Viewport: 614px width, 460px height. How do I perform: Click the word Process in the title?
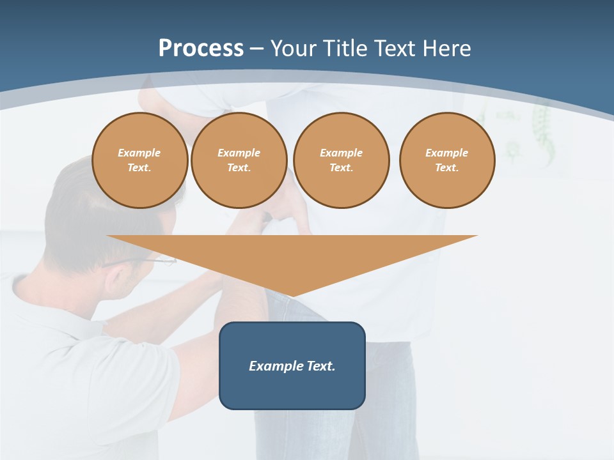(x=201, y=49)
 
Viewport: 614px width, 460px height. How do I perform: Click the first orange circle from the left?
(x=139, y=160)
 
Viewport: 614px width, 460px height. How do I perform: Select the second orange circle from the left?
(x=239, y=160)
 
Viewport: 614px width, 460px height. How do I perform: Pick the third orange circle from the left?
(x=341, y=160)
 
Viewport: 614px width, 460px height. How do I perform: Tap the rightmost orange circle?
(x=447, y=160)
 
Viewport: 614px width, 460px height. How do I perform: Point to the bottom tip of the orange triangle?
(x=292, y=295)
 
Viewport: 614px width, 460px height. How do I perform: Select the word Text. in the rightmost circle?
(x=447, y=168)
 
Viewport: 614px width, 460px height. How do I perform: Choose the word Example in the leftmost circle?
(x=139, y=153)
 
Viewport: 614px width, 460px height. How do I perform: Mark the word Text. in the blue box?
(x=320, y=366)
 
